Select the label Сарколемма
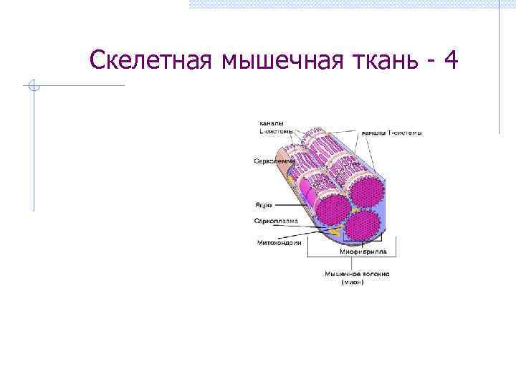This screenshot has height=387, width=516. pyautogui.click(x=274, y=161)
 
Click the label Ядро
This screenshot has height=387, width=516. pyautogui.click(x=263, y=204)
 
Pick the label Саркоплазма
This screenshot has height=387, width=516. pyautogui.click(x=276, y=221)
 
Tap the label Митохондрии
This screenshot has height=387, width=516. pyautogui.click(x=279, y=243)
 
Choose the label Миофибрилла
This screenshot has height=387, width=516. pyautogui.click(x=363, y=252)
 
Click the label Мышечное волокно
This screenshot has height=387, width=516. pyautogui.click(x=357, y=274)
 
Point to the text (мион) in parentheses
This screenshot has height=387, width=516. pyautogui.click(x=352, y=282)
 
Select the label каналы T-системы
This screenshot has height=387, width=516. pyautogui.click(x=391, y=133)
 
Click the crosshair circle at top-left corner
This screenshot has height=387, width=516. pyautogui.click(x=33, y=86)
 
